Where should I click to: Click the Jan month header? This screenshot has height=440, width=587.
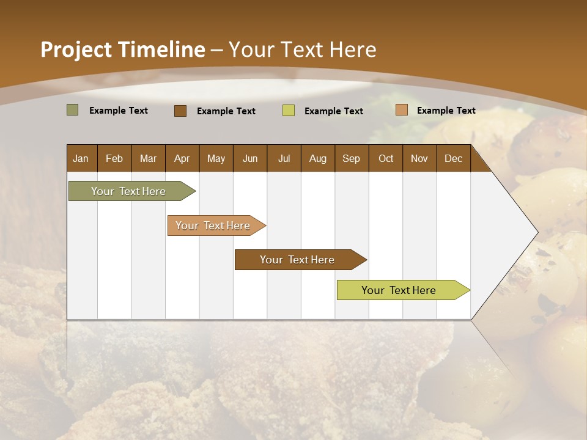(x=81, y=158)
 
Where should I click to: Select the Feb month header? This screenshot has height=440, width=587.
(x=114, y=158)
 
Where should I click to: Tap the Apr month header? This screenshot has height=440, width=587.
(x=182, y=158)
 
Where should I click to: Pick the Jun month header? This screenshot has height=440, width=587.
(x=250, y=158)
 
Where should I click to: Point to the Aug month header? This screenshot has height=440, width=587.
(x=318, y=158)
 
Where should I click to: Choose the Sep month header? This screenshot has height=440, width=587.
(x=351, y=158)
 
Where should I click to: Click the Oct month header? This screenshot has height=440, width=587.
(x=386, y=158)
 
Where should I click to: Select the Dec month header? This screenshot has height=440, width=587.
(x=453, y=158)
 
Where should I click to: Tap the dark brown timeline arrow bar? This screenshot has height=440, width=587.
(x=298, y=260)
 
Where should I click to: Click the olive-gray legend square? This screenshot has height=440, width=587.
(x=72, y=110)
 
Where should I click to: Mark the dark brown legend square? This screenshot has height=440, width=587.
(x=180, y=111)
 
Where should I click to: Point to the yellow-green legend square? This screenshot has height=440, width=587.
(x=289, y=111)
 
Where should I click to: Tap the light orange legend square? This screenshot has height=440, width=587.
(x=401, y=110)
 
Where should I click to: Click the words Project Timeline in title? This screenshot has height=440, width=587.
(x=122, y=50)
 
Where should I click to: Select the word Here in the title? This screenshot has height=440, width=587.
(x=353, y=50)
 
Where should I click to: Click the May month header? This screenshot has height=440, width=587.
(x=216, y=158)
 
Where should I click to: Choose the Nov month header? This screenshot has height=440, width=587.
(x=419, y=158)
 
